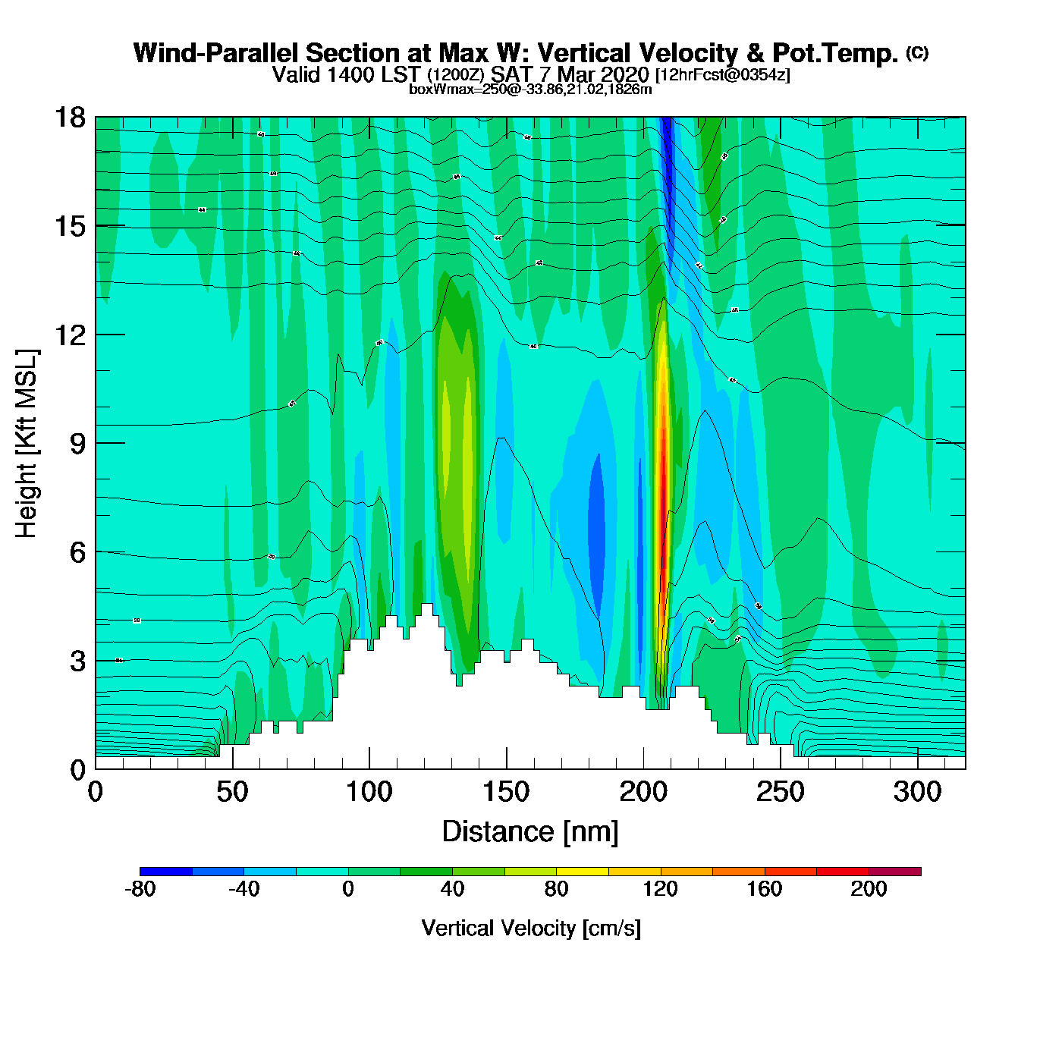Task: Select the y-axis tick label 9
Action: click(x=77, y=444)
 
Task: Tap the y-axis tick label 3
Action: click(x=77, y=661)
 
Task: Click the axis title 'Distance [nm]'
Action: click(x=530, y=832)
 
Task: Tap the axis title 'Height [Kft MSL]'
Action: click(x=27, y=444)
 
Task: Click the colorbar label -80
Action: click(x=140, y=889)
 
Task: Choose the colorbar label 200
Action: click(x=869, y=889)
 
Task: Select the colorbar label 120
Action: click(x=661, y=889)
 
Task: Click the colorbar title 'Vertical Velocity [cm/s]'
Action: click(x=531, y=928)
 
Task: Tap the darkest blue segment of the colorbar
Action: click(x=166, y=872)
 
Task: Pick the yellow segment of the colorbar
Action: click(x=583, y=872)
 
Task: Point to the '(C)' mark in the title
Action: click(x=917, y=52)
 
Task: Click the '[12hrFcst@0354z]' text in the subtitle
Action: click(x=722, y=75)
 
